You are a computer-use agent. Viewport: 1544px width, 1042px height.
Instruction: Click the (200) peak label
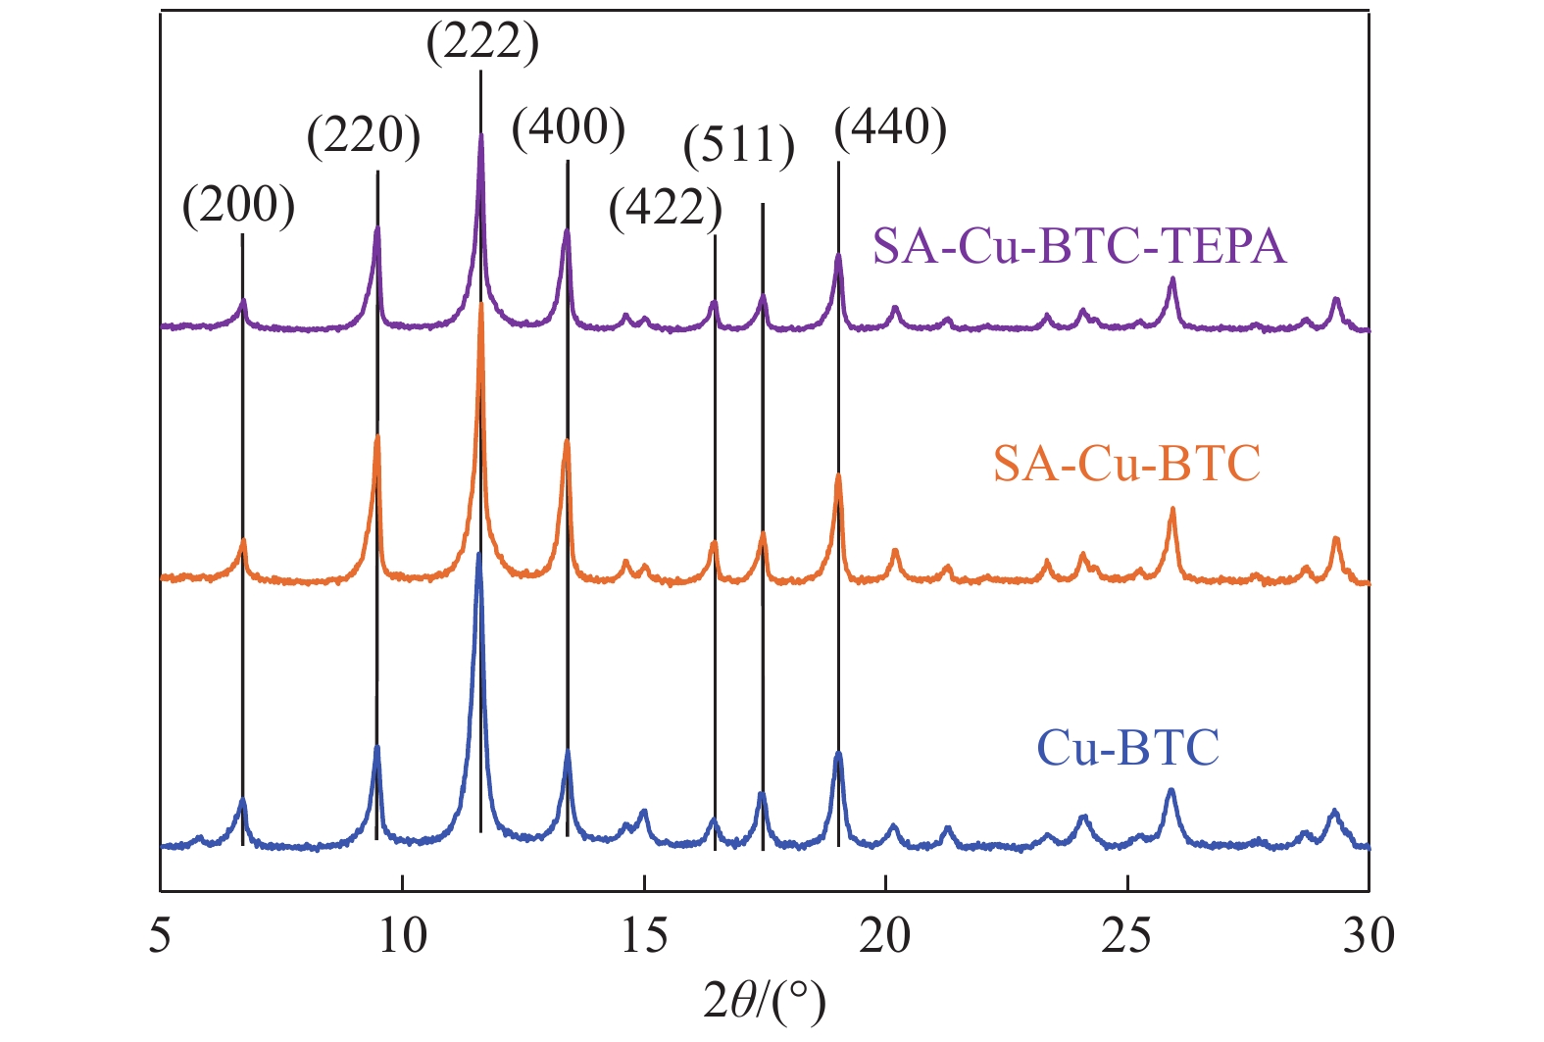tap(239, 206)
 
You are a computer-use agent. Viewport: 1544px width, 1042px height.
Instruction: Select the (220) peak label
tap(364, 136)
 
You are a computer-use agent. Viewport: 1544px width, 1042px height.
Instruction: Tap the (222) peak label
tap(482, 44)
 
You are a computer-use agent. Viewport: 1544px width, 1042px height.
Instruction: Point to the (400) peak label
tap(569, 127)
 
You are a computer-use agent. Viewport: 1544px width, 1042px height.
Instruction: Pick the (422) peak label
tap(666, 208)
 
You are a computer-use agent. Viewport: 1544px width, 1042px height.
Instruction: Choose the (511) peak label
tap(739, 146)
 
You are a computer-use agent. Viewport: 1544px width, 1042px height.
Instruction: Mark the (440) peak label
tap(890, 127)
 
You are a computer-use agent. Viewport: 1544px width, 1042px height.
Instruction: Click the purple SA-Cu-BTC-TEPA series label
tap(1079, 247)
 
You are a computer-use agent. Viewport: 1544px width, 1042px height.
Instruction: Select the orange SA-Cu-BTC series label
tap(1126, 463)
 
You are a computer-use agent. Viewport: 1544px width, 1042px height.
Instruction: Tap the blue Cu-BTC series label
tap(1128, 748)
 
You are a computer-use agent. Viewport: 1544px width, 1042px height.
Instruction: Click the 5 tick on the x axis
tap(160, 936)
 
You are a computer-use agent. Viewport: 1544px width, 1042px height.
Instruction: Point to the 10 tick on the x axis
tap(402, 936)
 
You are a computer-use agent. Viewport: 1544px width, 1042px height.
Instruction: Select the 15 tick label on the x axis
tap(644, 936)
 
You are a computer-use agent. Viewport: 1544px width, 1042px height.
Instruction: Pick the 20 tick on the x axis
tap(885, 936)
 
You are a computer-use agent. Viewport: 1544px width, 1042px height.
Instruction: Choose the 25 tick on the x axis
tap(1127, 936)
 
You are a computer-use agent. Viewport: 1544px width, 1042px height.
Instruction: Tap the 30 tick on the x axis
tap(1369, 936)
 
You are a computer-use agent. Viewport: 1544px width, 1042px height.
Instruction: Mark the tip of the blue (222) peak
tap(478, 555)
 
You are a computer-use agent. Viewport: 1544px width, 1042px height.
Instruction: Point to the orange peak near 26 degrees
tap(1171, 510)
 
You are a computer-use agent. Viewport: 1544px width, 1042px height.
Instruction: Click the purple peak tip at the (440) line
tap(838, 256)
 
